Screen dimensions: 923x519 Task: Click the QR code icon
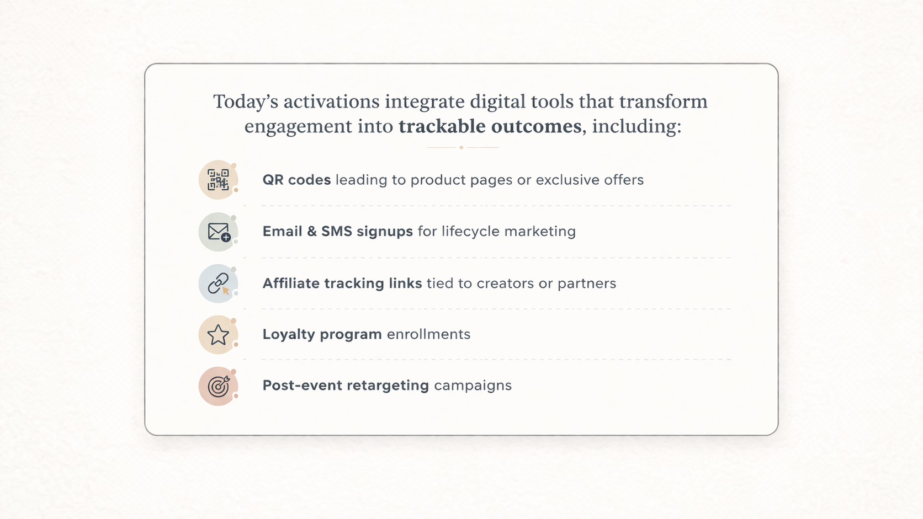point(218,180)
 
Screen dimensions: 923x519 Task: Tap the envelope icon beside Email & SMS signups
point(219,232)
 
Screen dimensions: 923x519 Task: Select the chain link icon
point(219,283)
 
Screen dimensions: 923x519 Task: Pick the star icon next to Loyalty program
point(218,335)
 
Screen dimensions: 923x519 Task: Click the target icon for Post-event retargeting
point(219,386)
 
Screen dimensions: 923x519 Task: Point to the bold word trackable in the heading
point(442,126)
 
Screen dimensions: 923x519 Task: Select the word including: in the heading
point(636,126)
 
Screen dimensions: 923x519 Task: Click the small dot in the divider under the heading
point(462,147)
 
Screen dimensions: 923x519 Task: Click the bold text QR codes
point(296,180)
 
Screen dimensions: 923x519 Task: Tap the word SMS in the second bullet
point(337,231)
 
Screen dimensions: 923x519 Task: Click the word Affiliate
point(291,283)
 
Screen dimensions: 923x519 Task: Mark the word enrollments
point(428,334)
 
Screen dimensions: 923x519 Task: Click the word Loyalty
point(289,335)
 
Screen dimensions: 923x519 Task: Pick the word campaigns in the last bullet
point(473,386)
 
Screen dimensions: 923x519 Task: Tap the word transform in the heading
point(664,101)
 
